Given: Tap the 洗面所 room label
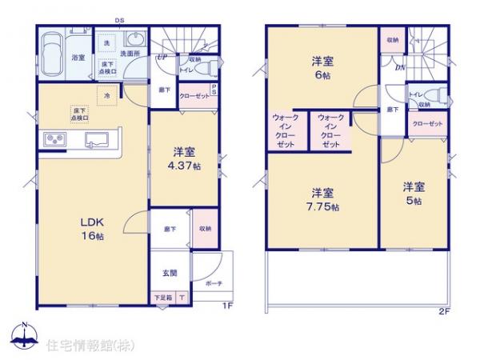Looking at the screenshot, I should point(130,54).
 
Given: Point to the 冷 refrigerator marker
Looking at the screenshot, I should point(107,94).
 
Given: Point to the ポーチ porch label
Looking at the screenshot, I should point(214,284).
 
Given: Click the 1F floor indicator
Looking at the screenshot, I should point(226,306).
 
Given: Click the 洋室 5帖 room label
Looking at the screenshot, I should point(413,193).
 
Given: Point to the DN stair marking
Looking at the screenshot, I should point(400,67).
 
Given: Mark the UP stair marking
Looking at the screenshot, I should point(162,58).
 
